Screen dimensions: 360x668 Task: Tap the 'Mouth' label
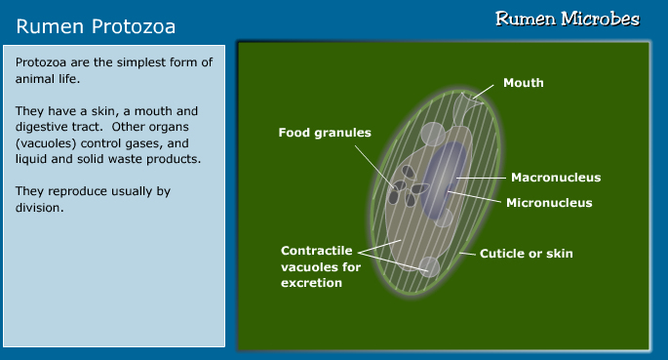point(523,83)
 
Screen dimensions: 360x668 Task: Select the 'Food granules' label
point(325,132)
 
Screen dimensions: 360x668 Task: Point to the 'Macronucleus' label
point(555,178)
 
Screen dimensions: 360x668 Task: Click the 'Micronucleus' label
point(549,203)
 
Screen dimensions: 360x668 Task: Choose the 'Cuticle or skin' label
point(526,254)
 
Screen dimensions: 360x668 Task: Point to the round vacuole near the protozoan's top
point(431,134)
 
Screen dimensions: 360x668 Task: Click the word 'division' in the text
point(39,206)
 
